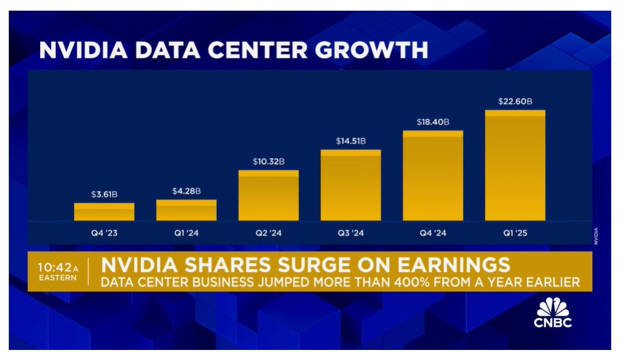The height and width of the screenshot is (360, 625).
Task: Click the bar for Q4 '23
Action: tap(104, 212)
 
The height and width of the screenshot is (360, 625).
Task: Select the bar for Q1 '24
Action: tap(186, 210)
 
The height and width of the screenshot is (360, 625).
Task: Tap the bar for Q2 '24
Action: tap(268, 196)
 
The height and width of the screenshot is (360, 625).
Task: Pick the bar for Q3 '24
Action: tap(350, 185)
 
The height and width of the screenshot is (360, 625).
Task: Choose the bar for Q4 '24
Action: tap(433, 176)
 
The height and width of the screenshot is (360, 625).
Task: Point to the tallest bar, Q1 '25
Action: tap(515, 166)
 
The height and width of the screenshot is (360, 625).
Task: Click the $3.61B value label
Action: tap(104, 194)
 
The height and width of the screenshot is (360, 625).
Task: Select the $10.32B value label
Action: tap(268, 161)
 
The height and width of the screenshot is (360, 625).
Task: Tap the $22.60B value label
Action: tap(515, 101)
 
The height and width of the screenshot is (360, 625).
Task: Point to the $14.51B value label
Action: tap(350, 140)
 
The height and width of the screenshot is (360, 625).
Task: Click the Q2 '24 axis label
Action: tap(268, 234)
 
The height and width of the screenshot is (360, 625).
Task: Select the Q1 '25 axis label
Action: tap(515, 234)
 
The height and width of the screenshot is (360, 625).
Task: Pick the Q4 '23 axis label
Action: tap(104, 234)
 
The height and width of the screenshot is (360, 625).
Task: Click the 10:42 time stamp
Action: tap(55, 267)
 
